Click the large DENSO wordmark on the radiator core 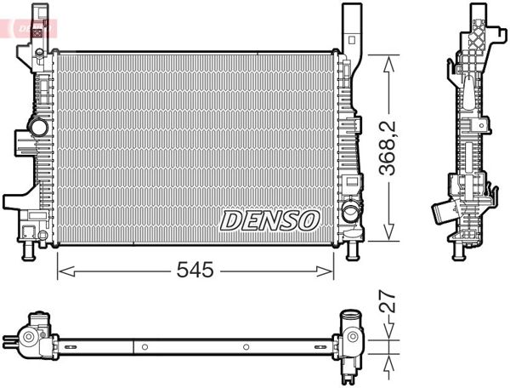pos(269,220)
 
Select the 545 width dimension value pos(195,271)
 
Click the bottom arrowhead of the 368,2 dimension pos(388,236)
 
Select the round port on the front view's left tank pos(37,128)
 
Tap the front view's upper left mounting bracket pos(37,30)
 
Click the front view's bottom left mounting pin pos(30,251)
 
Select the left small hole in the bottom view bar pos(144,347)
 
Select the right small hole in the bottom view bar pos(246,347)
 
